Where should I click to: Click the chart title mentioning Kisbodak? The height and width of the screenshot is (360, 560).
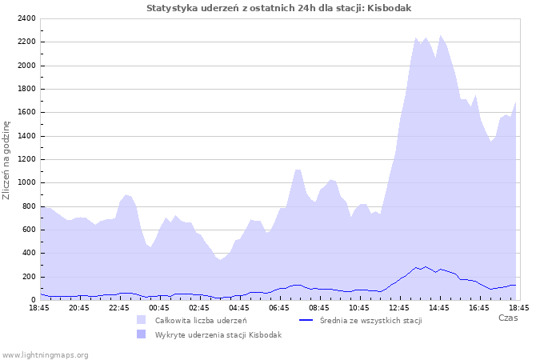coord(279,8)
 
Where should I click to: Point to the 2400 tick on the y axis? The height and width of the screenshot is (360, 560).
coord(25,18)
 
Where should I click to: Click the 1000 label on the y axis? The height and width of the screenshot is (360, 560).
coord(25,182)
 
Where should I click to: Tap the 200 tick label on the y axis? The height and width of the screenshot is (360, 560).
coord(27,277)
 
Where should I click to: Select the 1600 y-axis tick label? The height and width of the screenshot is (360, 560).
coord(25,113)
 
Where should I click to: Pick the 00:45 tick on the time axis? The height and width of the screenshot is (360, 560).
coord(159,307)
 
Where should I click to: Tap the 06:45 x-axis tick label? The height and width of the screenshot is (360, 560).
coord(279,307)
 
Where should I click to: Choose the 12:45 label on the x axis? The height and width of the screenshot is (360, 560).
coord(399,307)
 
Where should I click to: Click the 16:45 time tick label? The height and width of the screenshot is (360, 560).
coord(479,307)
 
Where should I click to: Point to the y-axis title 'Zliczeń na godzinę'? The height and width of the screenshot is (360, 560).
coord(7,160)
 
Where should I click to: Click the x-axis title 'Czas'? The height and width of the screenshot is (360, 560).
coord(507,318)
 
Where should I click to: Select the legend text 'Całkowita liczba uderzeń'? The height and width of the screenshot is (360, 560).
coord(201,320)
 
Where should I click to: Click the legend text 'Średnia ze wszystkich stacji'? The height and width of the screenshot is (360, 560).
coord(370,320)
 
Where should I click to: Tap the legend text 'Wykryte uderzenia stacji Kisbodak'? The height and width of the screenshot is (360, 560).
coord(218,334)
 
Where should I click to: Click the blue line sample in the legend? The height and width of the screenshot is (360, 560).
coord(306,320)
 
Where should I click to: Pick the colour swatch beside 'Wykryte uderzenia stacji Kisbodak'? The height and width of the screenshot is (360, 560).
coord(141,334)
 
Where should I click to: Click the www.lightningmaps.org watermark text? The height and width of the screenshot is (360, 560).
coord(46,354)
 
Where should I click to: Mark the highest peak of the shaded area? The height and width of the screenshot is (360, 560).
coord(440,35)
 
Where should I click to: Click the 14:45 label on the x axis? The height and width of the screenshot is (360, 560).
coord(439,307)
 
